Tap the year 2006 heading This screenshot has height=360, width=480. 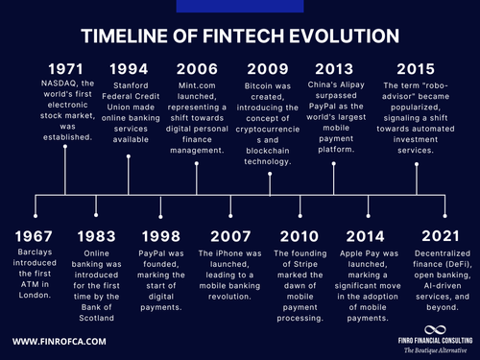pos(197,69)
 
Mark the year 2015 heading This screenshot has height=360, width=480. pos(416,69)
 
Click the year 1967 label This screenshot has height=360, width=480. pos(36,236)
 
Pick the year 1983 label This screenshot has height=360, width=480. pos(98,236)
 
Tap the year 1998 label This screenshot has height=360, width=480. pos(161,236)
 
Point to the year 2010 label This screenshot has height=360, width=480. pos(299,236)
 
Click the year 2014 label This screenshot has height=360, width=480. pos(367,236)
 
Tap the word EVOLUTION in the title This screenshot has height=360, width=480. pos(330,36)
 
